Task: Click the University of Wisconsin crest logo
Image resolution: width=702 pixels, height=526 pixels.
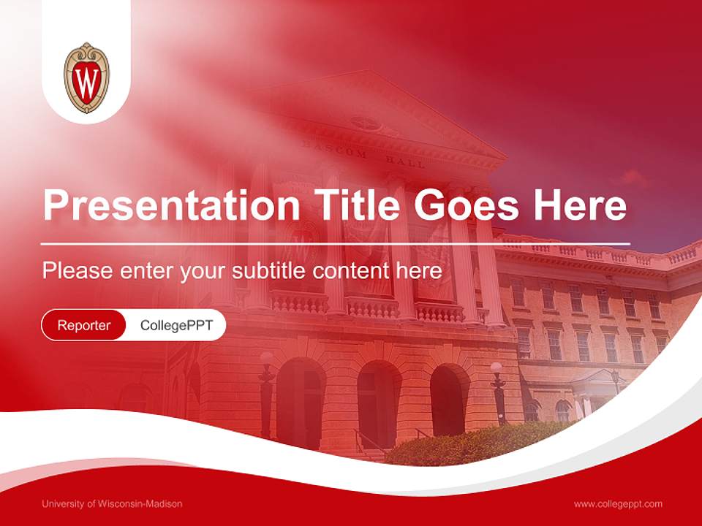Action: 86,77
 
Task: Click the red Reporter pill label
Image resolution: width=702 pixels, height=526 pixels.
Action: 83,325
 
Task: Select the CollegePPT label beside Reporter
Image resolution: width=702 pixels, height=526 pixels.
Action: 176,325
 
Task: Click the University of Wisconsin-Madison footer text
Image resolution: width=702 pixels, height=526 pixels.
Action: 112,503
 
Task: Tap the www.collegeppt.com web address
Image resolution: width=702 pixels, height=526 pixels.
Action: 618,503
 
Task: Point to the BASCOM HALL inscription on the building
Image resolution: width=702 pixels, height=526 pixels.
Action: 363,156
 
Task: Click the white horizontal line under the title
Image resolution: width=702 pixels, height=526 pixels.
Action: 336,243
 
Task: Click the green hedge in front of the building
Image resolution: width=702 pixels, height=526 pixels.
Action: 468,443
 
